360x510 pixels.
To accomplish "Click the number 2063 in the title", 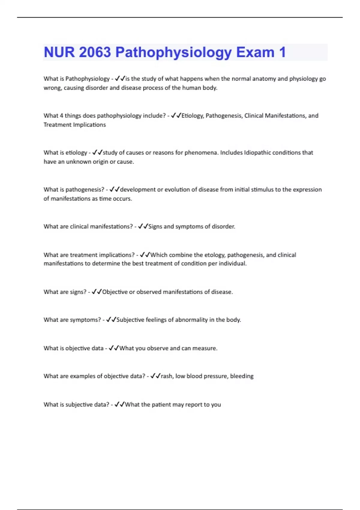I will [95, 52].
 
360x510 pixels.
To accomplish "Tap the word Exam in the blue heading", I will [255, 52].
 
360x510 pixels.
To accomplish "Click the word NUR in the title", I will [59, 52].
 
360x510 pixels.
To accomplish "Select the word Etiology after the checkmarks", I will [192, 115].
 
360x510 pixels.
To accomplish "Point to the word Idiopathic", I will [257, 152].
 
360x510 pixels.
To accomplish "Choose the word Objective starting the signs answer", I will [115, 292].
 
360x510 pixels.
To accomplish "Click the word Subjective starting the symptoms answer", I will [130, 320].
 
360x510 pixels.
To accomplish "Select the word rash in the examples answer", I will [166, 376].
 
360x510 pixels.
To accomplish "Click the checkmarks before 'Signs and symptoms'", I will [143, 226].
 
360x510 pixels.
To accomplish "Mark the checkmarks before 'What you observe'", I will [114, 348].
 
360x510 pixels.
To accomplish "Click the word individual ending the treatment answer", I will [232, 264].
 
